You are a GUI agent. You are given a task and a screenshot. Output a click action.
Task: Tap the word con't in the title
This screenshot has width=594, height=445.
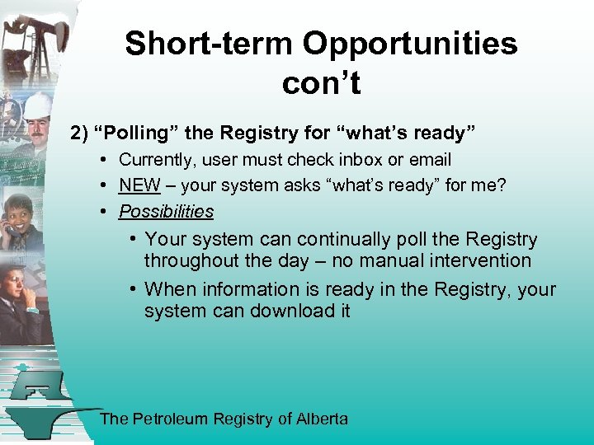pyautogui.click(x=321, y=82)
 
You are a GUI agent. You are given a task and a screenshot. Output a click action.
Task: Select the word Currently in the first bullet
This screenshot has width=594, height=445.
pyautogui.click(x=158, y=159)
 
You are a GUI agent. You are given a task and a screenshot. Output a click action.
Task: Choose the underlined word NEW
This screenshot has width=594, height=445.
pyautogui.click(x=139, y=185)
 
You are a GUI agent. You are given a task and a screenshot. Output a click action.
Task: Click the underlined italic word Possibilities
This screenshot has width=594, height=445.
pyautogui.click(x=166, y=212)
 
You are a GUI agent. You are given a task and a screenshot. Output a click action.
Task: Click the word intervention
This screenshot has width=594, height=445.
pyautogui.click(x=479, y=261)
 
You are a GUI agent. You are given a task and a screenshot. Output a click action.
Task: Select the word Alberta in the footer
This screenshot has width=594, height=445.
pyautogui.click(x=323, y=419)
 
